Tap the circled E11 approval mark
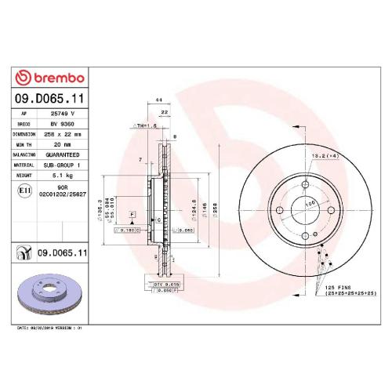point(24,191)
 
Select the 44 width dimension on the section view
point(159,101)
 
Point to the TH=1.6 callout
point(146,125)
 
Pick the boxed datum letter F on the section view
point(132,214)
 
